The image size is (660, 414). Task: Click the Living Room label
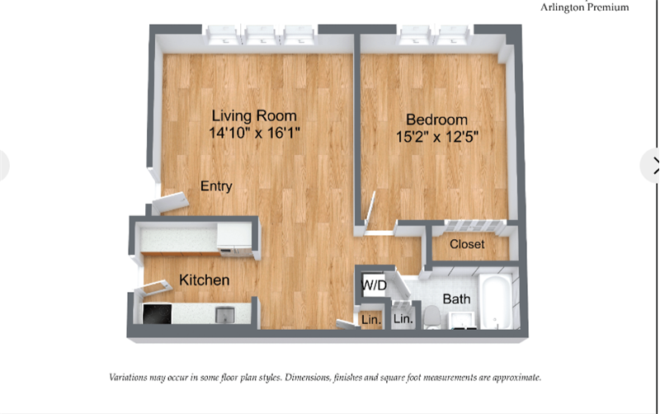pyautogui.click(x=254, y=115)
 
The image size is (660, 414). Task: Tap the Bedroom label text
pyautogui.click(x=436, y=120)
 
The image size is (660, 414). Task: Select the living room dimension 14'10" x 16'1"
pyautogui.click(x=254, y=134)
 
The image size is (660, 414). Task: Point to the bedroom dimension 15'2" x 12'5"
pyautogui.click(x=437, y=137)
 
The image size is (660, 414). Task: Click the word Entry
pyautogui.click(x=216, y=186)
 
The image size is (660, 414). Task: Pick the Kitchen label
pyautogui.click(x=204, y=280)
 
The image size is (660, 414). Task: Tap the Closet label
pyautogui.click(x=467, y=244)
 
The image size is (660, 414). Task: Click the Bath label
pyautogui.click(x=456, y=299)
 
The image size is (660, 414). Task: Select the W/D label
pyautogui.click(x=374, y=285)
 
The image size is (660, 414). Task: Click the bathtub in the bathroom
pyautogui.click(x=497, y=301)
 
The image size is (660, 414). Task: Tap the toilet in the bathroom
pyautogui.click(x=431, y=318)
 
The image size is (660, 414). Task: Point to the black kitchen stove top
pyautogui.click(x=157, y=314)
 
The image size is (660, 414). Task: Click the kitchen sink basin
pyautogui.click(x=224, y=315)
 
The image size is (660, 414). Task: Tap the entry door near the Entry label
pyautogui.click(x=171, y=203)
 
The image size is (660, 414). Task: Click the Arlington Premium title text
pyautogui.click(x=585, y=7)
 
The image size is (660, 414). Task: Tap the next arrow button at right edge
pyautogui.click(x=652, y=165)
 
